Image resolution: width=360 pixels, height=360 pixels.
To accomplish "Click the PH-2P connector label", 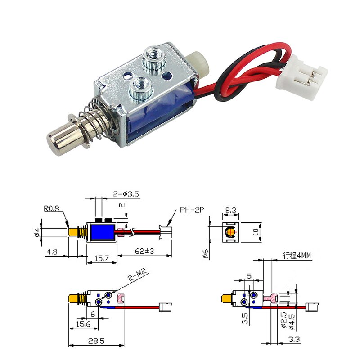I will (x=192, y=209).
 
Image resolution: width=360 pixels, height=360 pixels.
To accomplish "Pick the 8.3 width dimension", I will (x=230, y=209).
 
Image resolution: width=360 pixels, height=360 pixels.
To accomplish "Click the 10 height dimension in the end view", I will (x=255, y=232).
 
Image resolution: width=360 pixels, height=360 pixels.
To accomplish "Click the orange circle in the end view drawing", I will (x=230, y=232).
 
